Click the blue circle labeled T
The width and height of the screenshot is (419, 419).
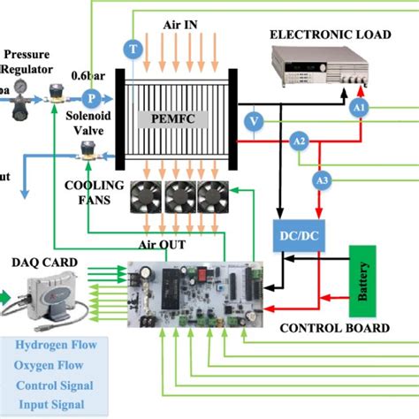pos(133,49)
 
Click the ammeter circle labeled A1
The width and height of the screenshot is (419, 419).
pos(359,107)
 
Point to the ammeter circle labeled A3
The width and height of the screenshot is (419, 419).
pos(324,180)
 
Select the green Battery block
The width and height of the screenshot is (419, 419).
pos(364,280)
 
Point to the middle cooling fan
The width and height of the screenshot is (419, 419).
pos(182,201)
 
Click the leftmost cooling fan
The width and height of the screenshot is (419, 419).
pos(149,201)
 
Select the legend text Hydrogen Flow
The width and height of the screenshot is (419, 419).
pos(55,344)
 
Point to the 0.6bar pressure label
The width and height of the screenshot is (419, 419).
pos(98,76)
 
